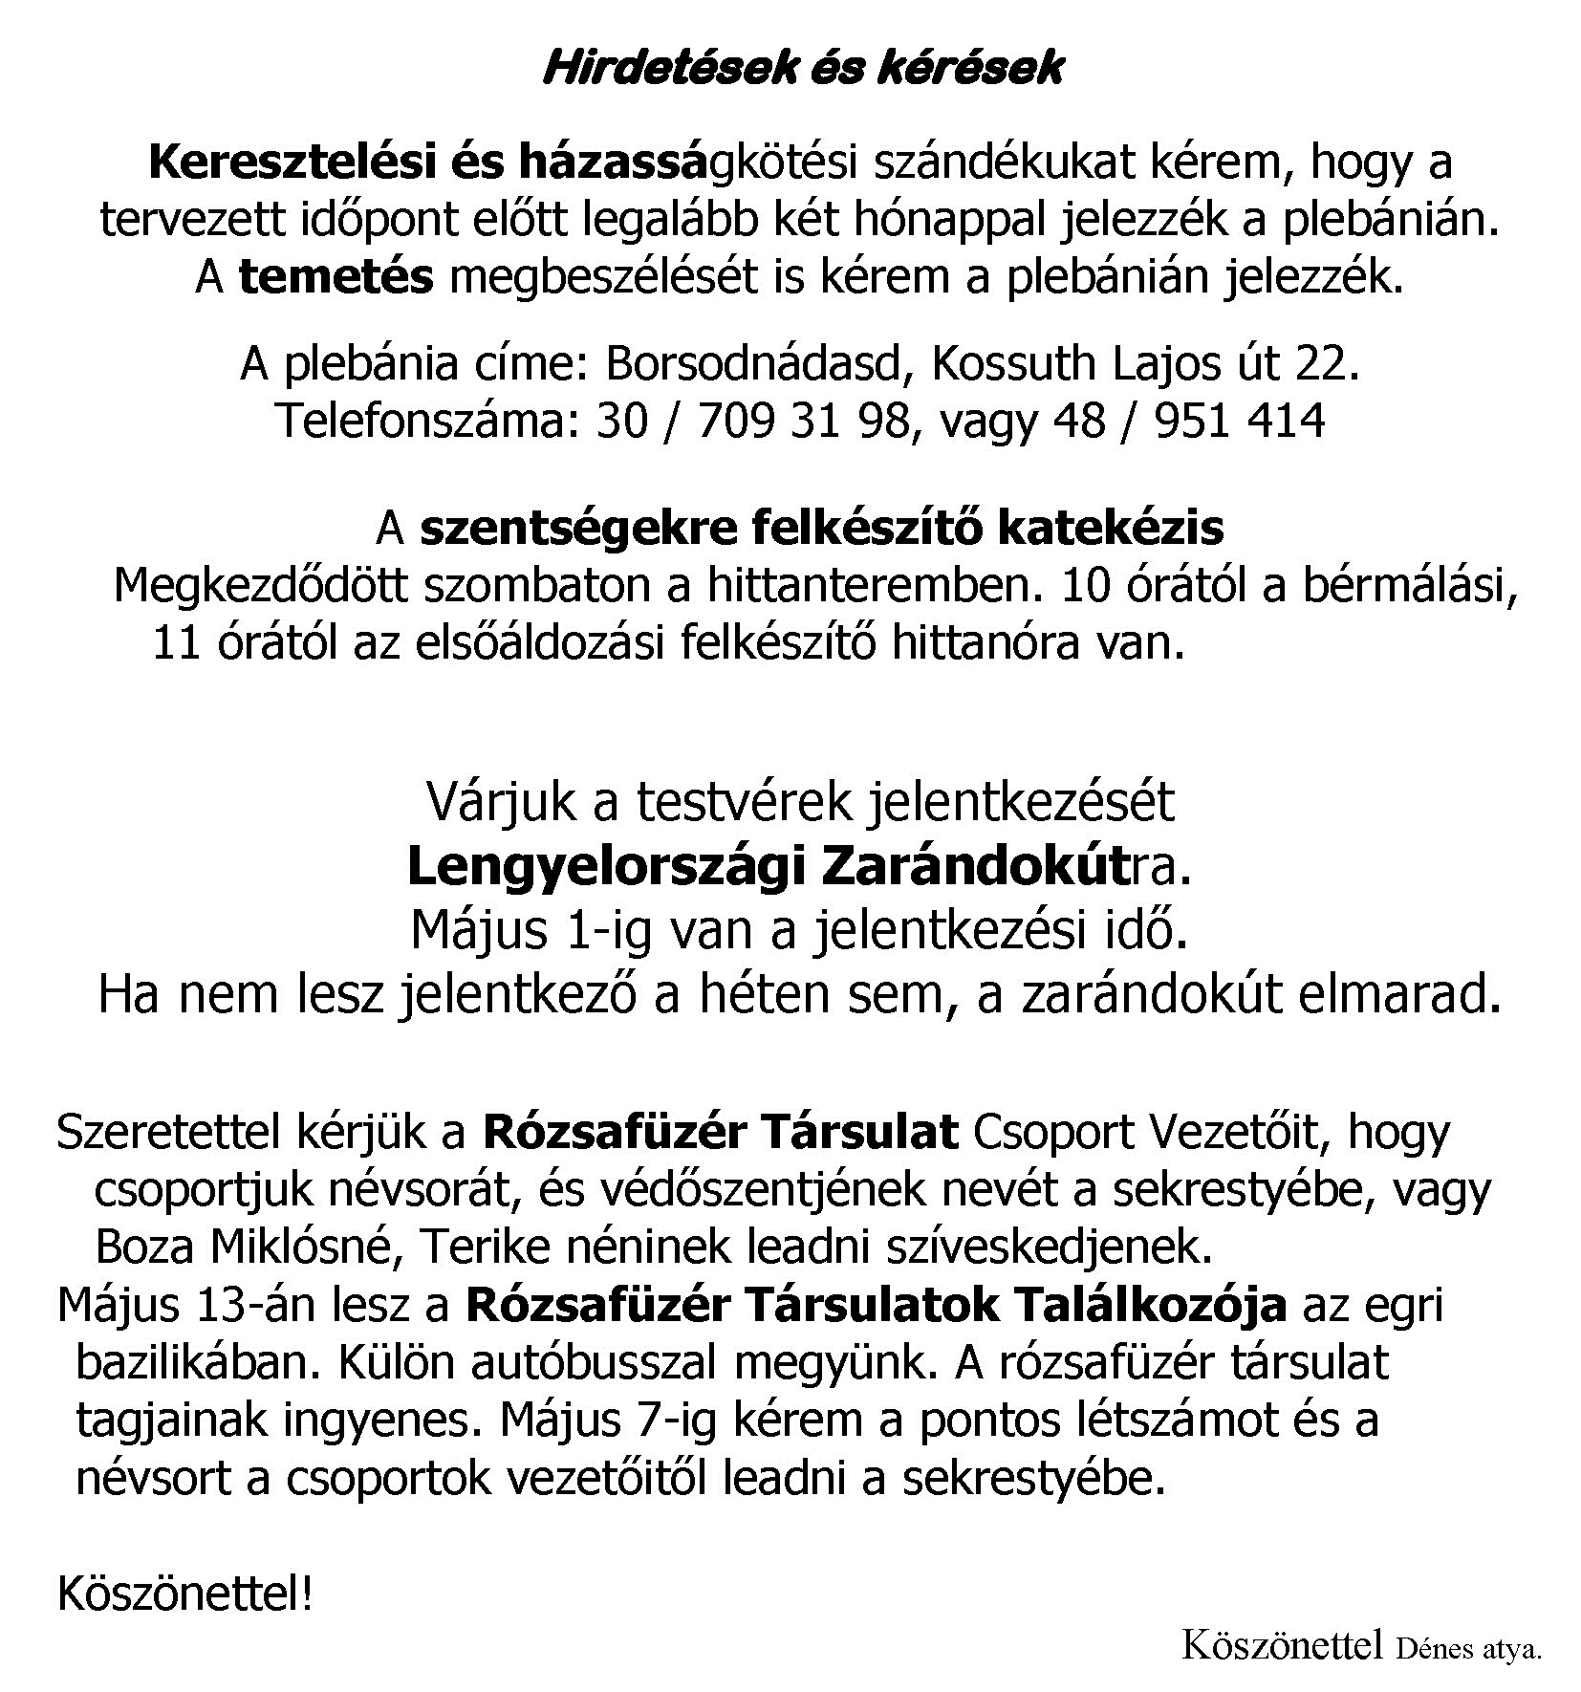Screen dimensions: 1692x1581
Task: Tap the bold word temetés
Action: click(x=336, y=278)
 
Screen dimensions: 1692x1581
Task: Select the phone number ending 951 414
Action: click(x=1240, y=422)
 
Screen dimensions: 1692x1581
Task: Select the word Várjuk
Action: click(x=501, y=803)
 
